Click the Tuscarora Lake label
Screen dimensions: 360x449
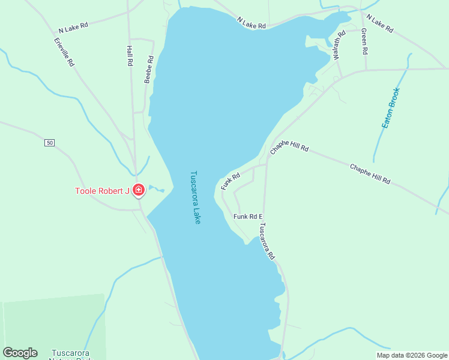click(x=195, y=198)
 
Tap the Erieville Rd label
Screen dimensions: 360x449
click(x=63, y=52)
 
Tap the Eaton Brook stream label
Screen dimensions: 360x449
click(x=390, y=108)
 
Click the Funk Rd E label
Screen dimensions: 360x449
click(x=249, y=217)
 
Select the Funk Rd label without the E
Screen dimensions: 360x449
click(x=230, y=181)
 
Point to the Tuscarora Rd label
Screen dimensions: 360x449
click(x=267, y=241)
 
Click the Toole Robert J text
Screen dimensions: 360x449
click(x=102, y=191)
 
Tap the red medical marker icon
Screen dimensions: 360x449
click(x=139, y=191)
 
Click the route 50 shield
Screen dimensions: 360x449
click(x=49, y=142)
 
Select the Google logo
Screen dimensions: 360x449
click(x=20, y=353)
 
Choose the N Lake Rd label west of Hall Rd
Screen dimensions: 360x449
click(x=73, y=28)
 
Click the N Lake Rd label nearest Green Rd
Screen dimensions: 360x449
click(x=379, y=25)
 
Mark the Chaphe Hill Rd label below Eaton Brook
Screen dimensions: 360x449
click(x=370, y=173)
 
